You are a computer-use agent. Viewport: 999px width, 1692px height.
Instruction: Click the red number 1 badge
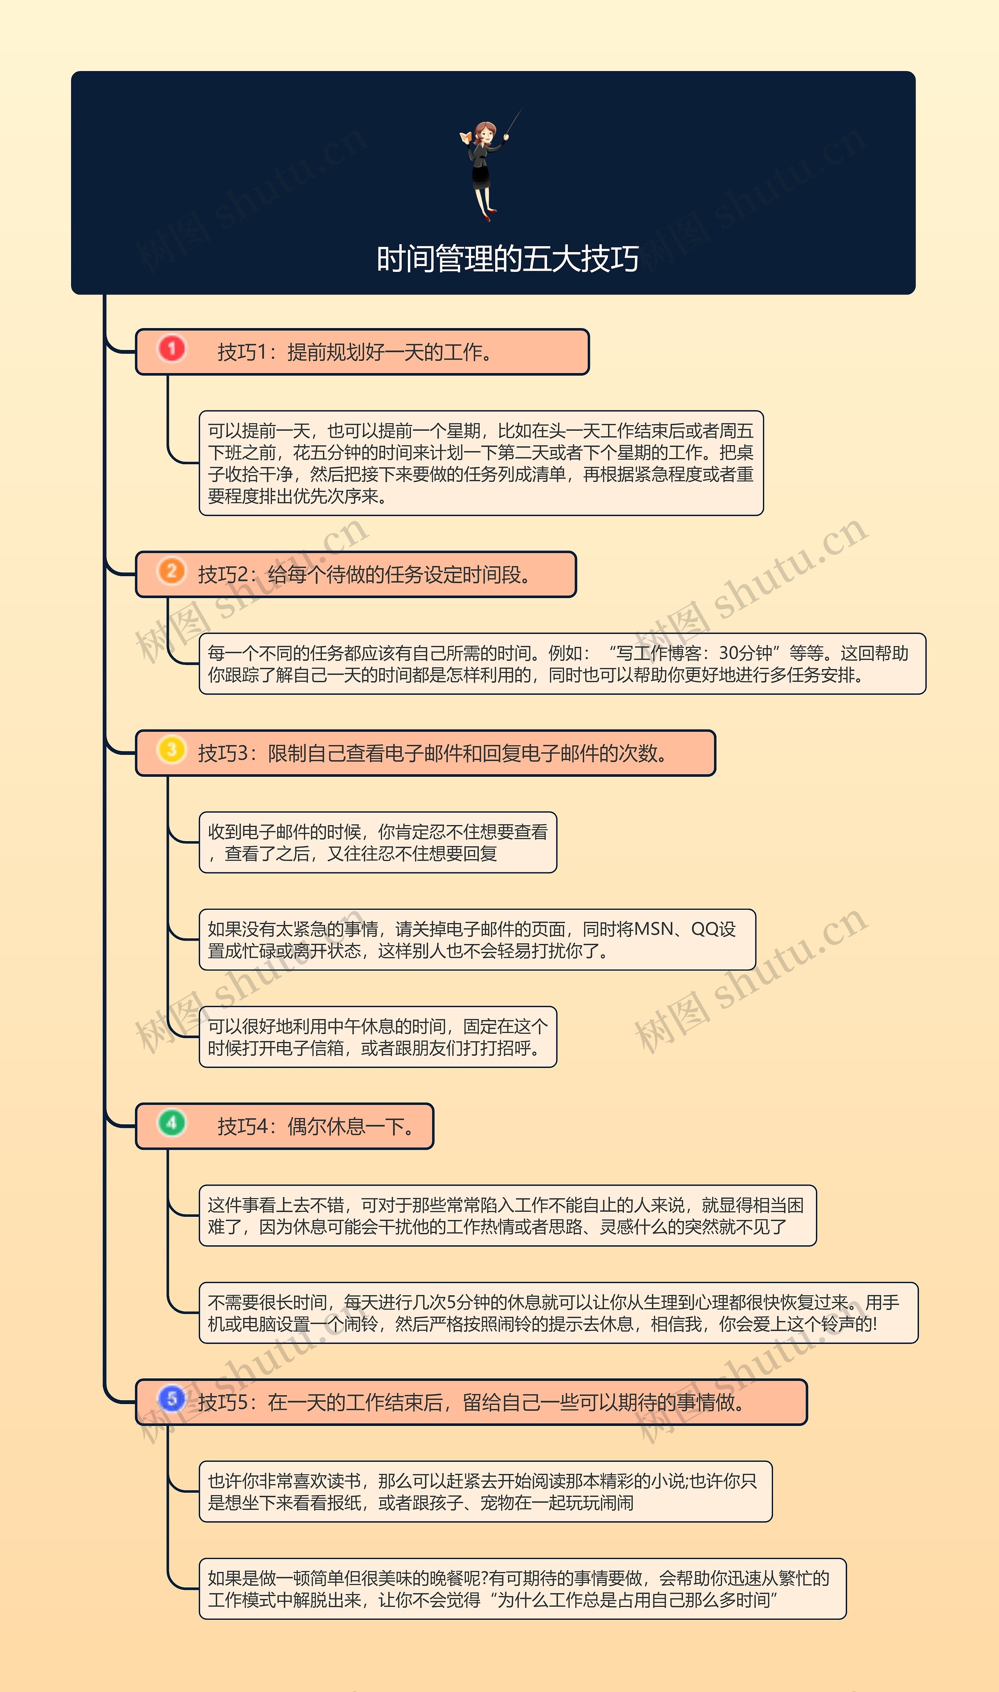pyautogui.click(x=172, y=349)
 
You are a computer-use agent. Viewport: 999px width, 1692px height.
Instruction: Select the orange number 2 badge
pyautogui.click(x=172, y=572)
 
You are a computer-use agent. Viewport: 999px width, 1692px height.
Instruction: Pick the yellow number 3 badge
pyautogui.click(x=172, y=750)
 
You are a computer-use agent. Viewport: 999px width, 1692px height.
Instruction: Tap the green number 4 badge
pyautogui.click(x=172, y=1123)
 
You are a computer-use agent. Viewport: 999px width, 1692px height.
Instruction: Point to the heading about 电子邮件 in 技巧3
pyautogui.click(x=434, y=753)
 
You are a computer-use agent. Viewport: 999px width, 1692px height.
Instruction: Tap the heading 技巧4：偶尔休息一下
pyautogui.click(x=316, y=1126)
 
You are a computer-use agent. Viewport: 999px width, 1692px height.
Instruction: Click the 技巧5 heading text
pyautogui.click(x=471, y=1403)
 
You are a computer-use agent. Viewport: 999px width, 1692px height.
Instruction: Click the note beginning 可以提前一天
pyautogui.click(x=481, y=463)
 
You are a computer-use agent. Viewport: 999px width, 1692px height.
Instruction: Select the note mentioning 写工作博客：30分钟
pyautogui.click(x=562, y=664)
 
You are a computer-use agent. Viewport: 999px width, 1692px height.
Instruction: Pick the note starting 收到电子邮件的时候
pyautogui.click(x=378, y=843)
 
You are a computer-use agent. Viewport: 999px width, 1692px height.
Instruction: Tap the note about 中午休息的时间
pyautogui.click(x=378, y=1037)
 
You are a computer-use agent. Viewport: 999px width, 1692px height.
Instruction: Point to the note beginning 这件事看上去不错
pyautogui.click(x=507, y=1216)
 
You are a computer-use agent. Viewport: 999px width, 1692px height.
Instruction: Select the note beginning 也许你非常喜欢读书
pyautogui.click(x=485, y=1491)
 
